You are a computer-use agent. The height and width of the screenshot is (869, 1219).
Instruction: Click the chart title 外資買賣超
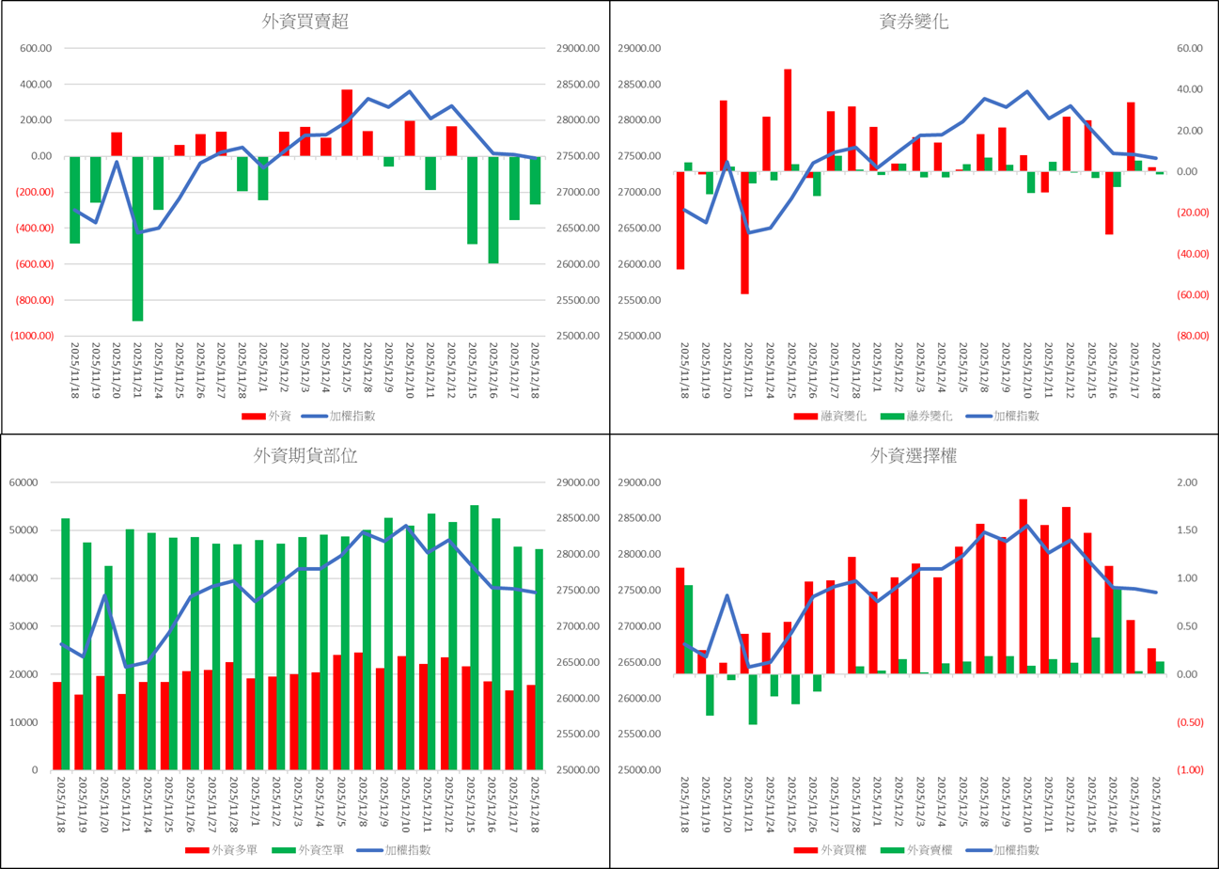(x=305, y=23)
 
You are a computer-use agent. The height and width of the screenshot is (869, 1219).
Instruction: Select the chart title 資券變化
(x=913, y=23)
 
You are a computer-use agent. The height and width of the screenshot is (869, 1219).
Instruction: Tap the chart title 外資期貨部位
(x=305, y=456)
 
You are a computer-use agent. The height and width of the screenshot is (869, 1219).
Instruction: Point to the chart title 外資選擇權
(x=913, y=457)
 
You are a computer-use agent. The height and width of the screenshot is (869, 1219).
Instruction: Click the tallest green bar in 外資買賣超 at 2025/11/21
(x=137, y=239)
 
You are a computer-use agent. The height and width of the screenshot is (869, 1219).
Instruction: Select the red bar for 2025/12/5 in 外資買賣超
(x=347, y=122)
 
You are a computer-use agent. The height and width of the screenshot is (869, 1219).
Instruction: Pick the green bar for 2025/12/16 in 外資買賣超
(x=493, y=210)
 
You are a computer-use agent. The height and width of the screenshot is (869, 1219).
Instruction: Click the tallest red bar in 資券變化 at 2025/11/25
(x=788, y=120)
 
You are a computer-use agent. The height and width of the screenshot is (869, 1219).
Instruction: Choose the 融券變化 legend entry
(x=916, y=415)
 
